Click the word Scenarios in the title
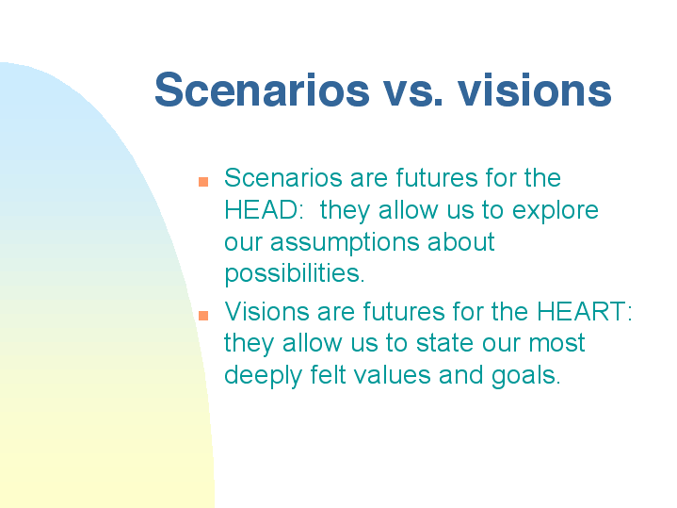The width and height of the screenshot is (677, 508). click(262, 90)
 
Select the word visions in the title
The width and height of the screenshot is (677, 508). click(535, 90)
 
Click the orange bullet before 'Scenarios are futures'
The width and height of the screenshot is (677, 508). click(203, 182)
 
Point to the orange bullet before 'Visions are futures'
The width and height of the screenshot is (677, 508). click(203, 315)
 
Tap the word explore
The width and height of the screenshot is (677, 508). click(556, 212)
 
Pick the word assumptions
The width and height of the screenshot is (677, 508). click(345, 244)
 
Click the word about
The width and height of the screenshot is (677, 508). click(461, 241)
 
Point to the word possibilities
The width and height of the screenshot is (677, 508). click(295, 275)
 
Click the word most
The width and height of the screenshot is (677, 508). click(557, 344)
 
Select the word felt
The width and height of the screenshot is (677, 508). click(328, 374)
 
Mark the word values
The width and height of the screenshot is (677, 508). click(393, 374)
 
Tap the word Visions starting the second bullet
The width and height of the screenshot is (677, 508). click(266, 311)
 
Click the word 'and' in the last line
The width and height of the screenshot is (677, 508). click(461, 374)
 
